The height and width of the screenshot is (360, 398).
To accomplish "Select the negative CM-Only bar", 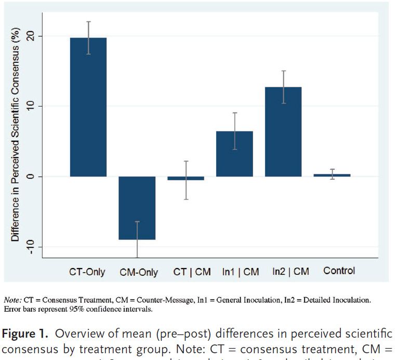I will [137, 208].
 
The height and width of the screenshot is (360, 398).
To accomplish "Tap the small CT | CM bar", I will [186, 178].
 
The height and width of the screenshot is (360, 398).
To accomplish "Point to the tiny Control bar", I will [332, 175].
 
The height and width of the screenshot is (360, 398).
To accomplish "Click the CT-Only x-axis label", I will [87, 272].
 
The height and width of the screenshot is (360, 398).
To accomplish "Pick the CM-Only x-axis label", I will [138, 272].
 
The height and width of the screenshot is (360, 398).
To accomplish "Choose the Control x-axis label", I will [339, 271].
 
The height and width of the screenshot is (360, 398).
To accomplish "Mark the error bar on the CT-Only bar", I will [88, 37].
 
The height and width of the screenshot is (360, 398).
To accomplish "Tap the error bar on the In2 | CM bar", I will [283, 87].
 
